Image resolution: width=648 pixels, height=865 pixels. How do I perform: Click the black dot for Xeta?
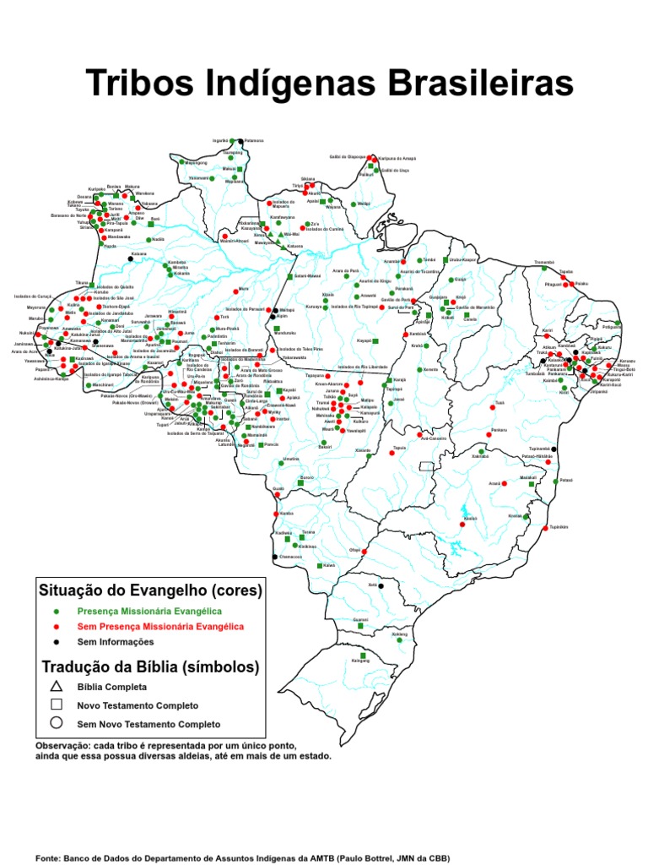point(381,585)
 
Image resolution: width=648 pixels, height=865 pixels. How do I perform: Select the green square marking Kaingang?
point(361,656)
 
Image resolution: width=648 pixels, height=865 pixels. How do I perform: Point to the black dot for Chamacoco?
point(274,558)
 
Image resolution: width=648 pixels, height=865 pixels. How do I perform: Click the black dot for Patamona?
point(240,140)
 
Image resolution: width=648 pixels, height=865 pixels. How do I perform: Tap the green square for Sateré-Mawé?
point(289,276)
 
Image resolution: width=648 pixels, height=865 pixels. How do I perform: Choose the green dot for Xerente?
point(419,369)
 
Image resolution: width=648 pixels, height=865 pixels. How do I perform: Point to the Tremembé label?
point(544,263)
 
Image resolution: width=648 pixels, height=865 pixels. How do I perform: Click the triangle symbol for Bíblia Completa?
point(57,686)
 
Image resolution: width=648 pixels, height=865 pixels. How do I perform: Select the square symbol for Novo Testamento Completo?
point(57,705)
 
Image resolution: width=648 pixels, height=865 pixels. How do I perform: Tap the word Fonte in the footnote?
point(48,857)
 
